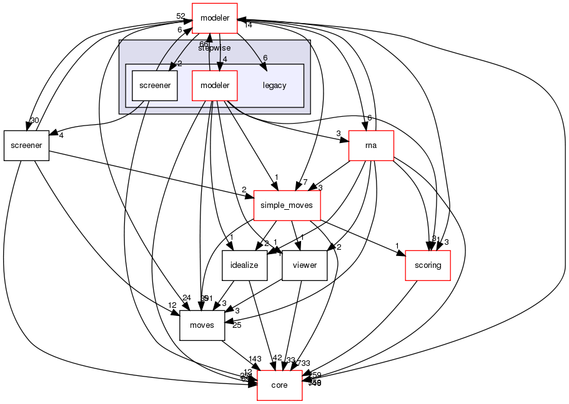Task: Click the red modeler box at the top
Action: click(x=214, y=19)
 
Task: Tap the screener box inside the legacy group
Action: click(x=155, y=86)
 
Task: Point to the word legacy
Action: click(x=275, y=86)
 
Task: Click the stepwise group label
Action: click(x=214, y=47)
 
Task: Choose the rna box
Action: click(x=371, y=145)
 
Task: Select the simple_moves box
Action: click(x=287, y=205)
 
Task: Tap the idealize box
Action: click(x=245, y=265)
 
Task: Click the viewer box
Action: click(x=305, y=265)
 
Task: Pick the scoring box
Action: click(x=428, y=265)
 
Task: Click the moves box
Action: click(x=202, y=325)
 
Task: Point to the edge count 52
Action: click(x=181, y=16)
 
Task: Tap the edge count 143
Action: click(x=254, y=359)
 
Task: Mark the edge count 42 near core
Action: click(x=277, y=358)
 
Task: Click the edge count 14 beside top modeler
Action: click(x=248, y=25)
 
